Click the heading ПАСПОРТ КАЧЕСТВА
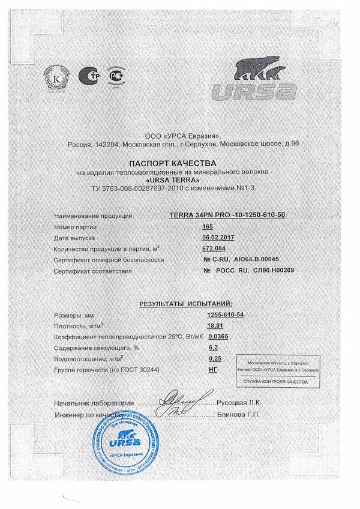click(180, 163)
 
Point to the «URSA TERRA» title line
click(179, 181)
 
